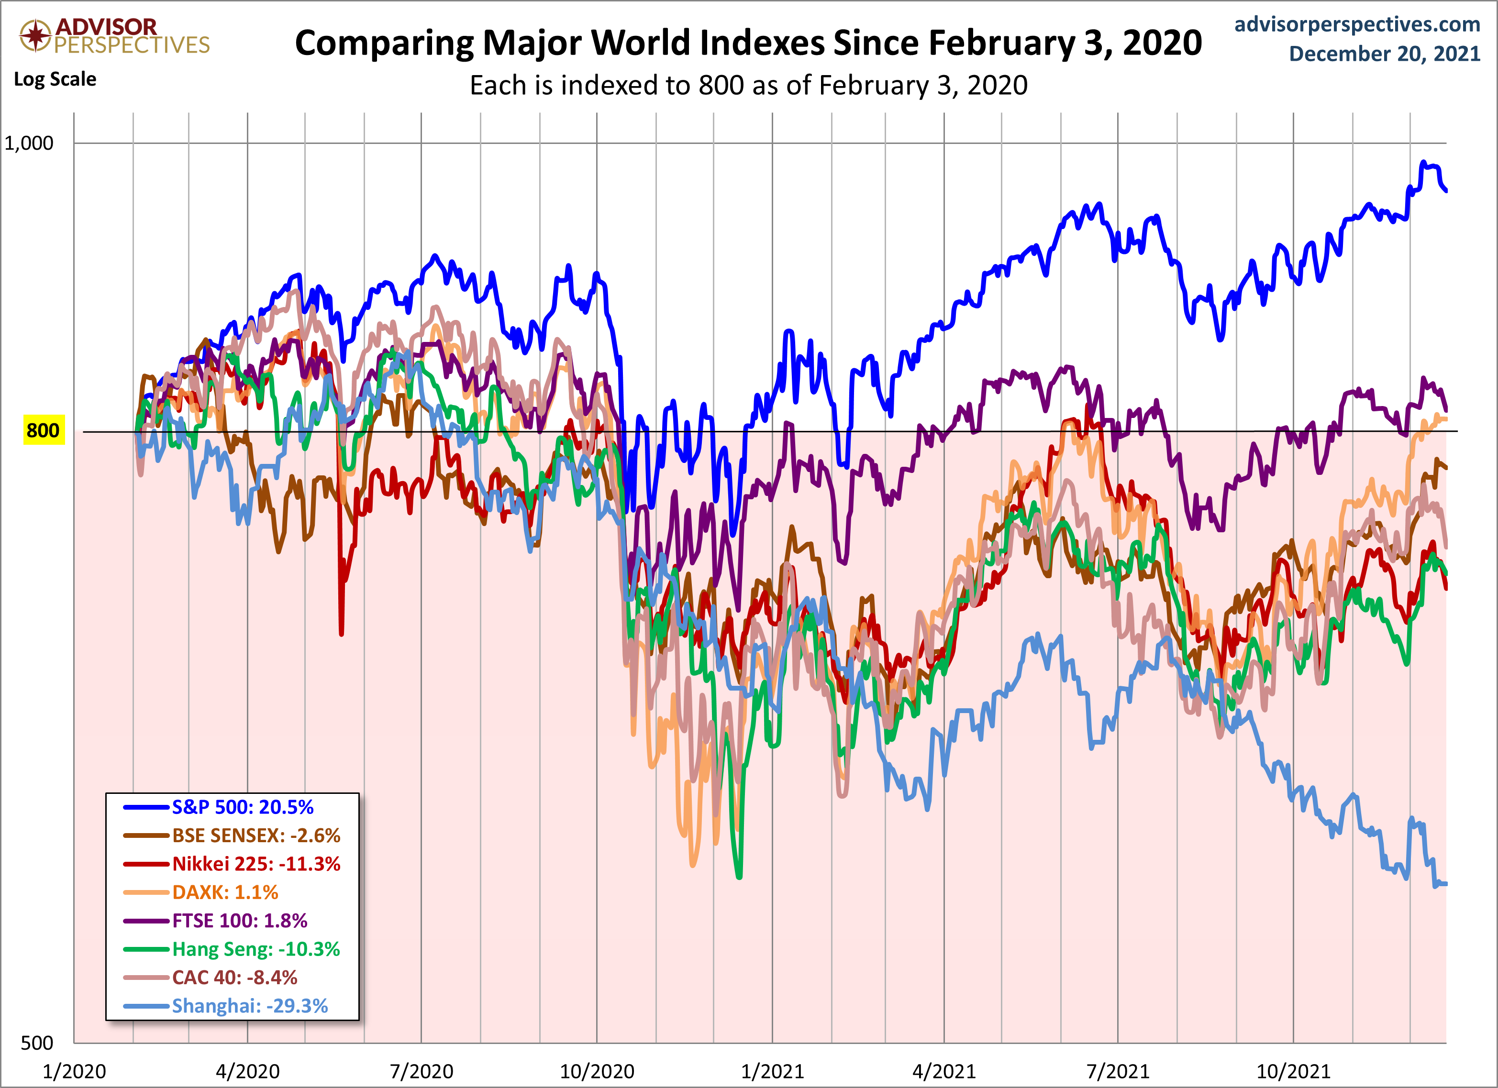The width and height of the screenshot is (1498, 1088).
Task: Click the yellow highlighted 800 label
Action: (43, 430)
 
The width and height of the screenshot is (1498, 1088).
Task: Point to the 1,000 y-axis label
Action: (29, 143)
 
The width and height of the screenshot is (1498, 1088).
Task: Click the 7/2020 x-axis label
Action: (422, 1071)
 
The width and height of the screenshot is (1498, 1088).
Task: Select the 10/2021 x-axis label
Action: (1293, 1071)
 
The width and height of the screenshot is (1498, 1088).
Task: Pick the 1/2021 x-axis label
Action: (772, 1071)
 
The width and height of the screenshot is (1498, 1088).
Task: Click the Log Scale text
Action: (55, 79)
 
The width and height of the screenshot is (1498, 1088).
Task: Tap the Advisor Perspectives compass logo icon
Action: (35, 34)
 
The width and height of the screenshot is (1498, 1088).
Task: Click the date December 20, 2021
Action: (1385, 54)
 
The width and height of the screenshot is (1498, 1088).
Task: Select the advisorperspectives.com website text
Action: (1357, 24)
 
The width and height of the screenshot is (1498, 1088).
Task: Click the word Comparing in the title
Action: (383, 43)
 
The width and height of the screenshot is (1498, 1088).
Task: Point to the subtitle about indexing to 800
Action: (748, 85)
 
